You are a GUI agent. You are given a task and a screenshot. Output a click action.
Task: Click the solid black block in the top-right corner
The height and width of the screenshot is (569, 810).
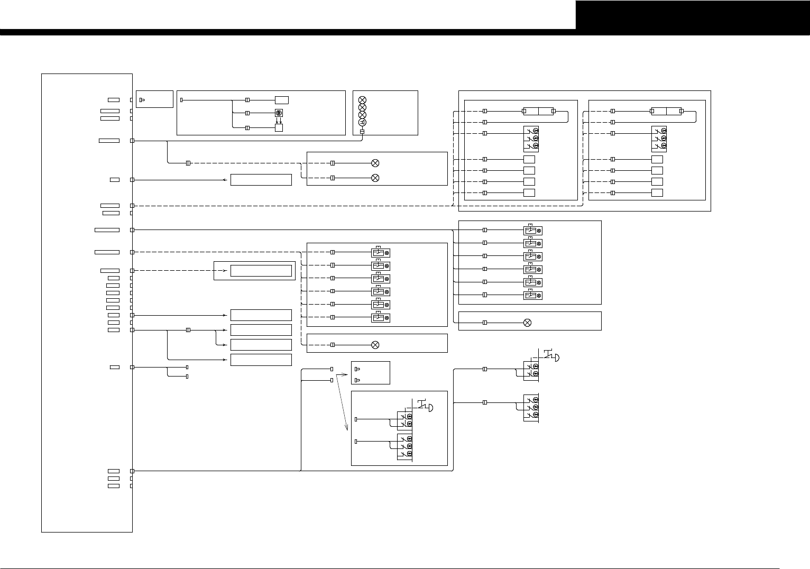tap(693, 15)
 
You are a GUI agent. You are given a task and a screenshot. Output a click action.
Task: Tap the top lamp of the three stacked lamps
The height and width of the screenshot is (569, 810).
tap(362, 100)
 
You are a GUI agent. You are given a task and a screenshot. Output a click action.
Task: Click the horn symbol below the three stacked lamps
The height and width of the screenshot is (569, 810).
tap(362, 123)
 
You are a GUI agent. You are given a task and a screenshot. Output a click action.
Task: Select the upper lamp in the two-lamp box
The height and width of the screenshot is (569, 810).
tap(375, 163)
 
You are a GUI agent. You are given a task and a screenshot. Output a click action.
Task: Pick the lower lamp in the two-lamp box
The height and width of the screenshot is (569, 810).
tap(375, 178)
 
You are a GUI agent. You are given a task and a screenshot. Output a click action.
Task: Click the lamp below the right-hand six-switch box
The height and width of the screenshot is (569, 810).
tap(527, 323)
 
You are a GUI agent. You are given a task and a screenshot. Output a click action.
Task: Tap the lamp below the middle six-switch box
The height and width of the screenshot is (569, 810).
tap(375, 345)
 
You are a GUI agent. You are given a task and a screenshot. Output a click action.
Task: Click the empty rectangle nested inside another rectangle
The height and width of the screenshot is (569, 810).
tap(261, 271)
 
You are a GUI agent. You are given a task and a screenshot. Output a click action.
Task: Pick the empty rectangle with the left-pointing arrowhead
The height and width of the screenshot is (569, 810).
tap(261, 180)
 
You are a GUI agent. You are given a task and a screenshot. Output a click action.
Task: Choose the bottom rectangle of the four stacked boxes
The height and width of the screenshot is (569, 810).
tap(261, 360)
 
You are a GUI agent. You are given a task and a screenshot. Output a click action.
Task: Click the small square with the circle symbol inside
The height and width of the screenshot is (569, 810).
tap(279, 113)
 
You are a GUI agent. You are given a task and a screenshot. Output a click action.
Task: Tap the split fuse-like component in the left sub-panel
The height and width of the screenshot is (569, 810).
tap(538, 111)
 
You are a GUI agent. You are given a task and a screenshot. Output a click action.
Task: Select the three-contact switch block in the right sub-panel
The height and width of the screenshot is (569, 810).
tap(659, 138)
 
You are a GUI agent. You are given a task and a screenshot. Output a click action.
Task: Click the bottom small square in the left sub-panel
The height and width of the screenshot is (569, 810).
tap(529, 192)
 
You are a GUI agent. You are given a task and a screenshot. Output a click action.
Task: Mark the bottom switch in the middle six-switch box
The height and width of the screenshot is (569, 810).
tap(381, 317)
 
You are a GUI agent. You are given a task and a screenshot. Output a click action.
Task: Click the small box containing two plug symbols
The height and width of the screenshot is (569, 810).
tap(371, 373)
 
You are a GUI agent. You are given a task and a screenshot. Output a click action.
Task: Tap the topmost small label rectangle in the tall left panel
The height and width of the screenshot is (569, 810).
tap(114, 99)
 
